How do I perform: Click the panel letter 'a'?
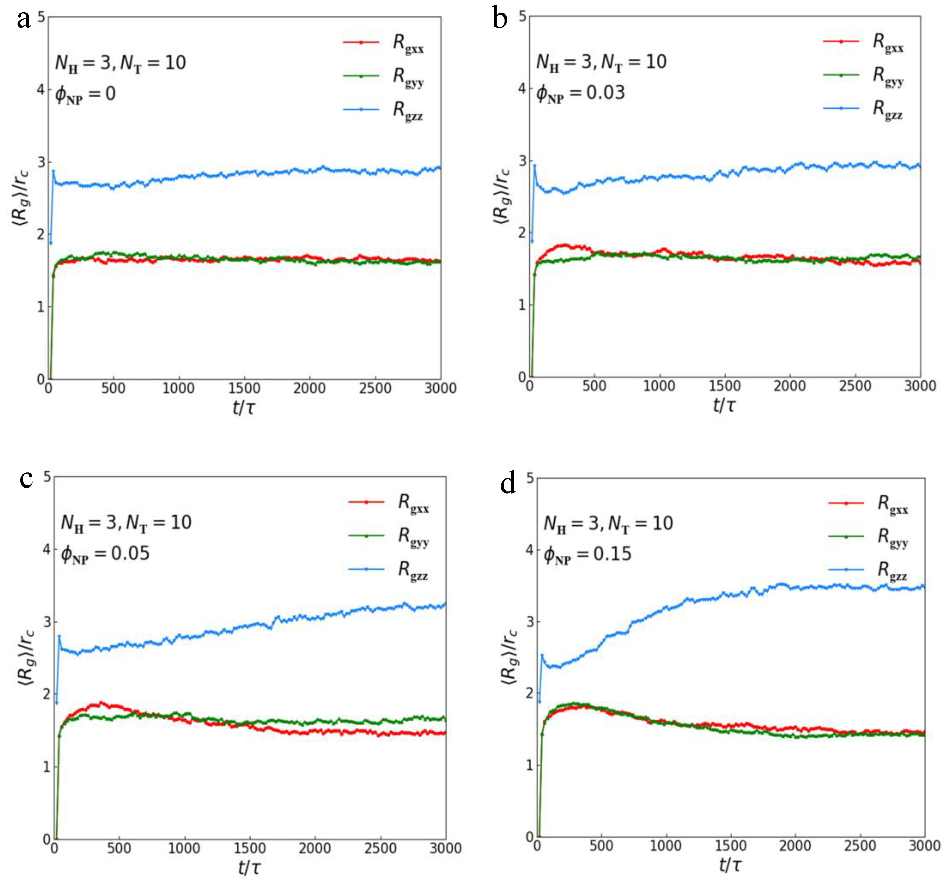coord(24,20)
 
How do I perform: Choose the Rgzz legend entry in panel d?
coord(892,570)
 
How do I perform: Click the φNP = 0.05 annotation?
coord(105,554)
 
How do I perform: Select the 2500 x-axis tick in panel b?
coord(854,386)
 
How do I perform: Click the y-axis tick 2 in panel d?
coord(529,693)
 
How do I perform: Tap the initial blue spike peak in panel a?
coord(53,171)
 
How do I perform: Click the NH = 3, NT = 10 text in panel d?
coord(608,524)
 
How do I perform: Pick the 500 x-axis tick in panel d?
coord(601,846)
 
